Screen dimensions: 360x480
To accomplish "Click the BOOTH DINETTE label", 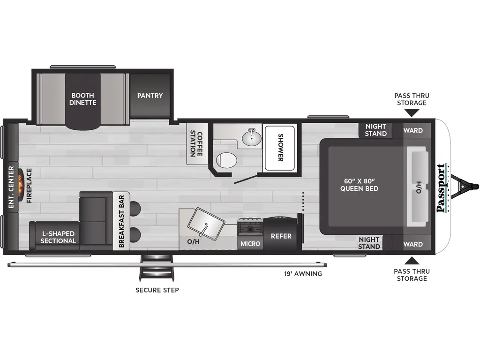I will [x=83, y=99].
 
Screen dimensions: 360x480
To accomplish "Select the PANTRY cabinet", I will [x=150, y=96].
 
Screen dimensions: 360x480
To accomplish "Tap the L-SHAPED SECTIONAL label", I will [x=58, y=237].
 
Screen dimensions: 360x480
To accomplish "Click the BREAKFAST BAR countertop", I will [x=120, y=221].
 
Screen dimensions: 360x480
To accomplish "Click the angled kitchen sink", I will [x=206, y=223].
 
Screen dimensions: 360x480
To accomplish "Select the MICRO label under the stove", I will [x=250, y=243].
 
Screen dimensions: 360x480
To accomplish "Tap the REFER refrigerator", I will [x=281, y=236].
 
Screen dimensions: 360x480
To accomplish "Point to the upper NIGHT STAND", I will [x=376, y=130].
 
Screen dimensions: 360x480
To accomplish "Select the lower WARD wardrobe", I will [x=413, y=244].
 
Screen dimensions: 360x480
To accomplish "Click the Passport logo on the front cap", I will [x=441, y=188].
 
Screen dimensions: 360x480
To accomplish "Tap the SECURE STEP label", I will [x=157, y=290].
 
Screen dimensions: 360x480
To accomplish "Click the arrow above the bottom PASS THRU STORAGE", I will [x=412, y=261].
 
